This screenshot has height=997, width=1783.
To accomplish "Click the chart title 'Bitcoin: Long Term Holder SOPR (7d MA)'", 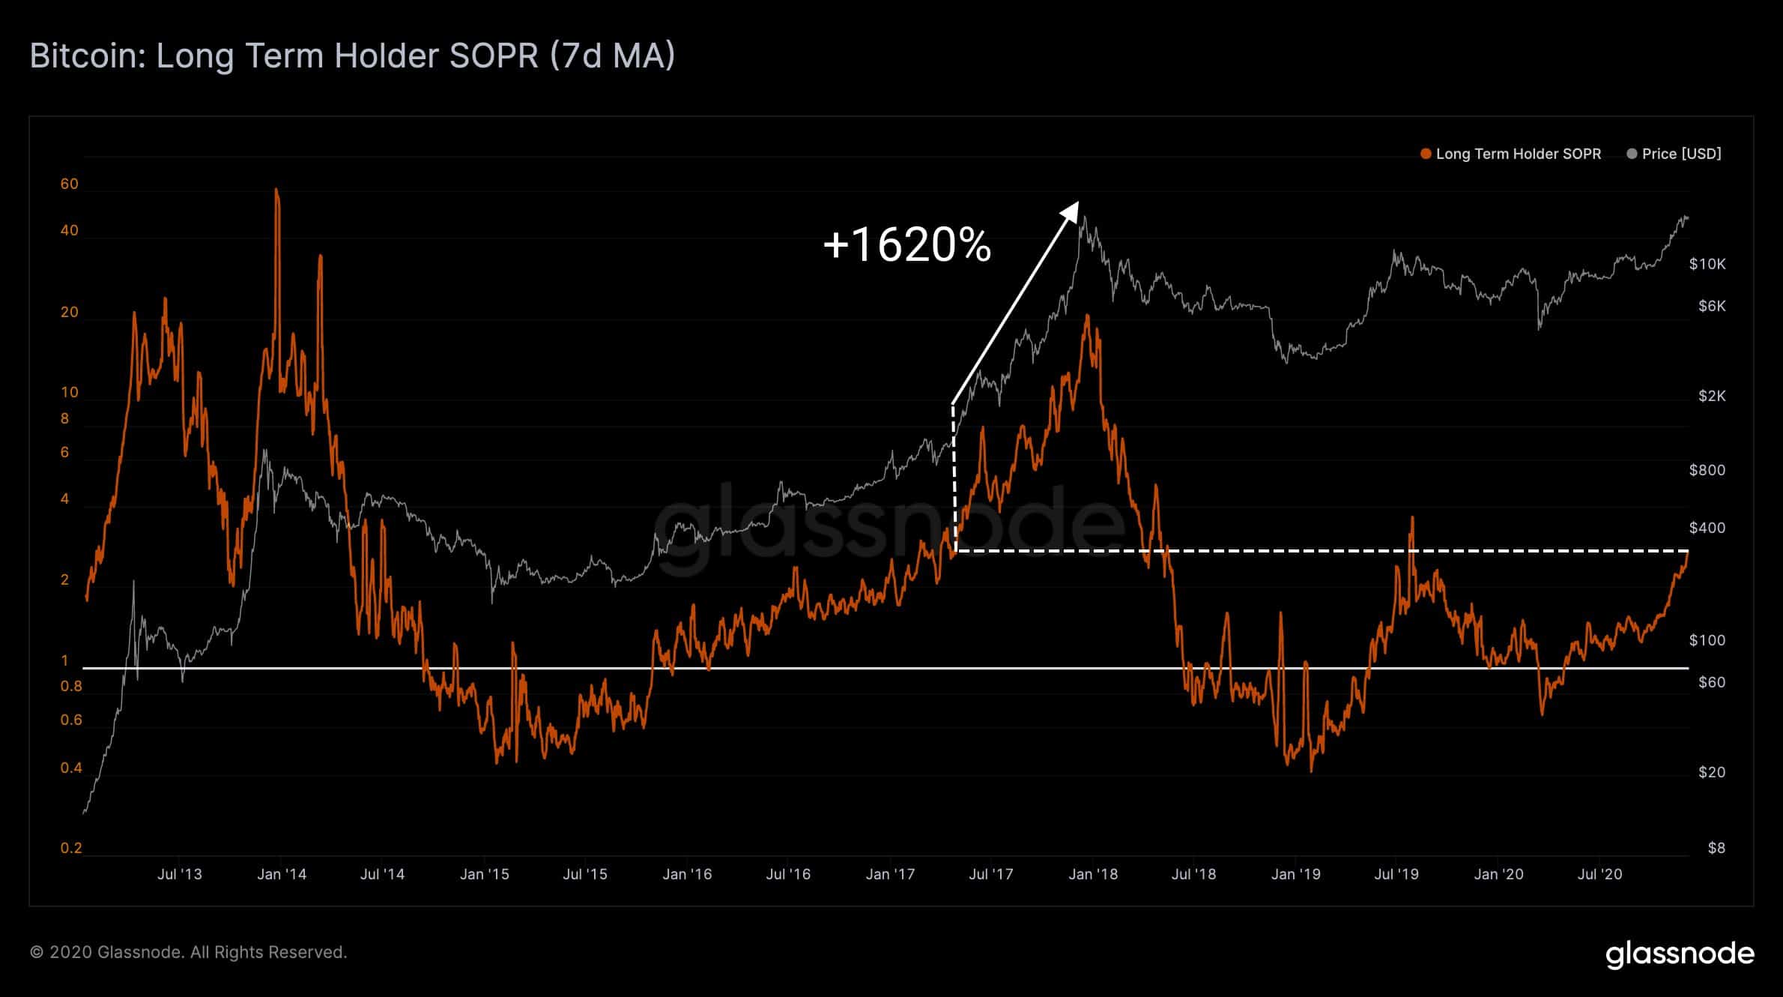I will pyautogui.click(x=352, y=56).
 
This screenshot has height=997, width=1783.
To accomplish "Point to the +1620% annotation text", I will pyautogui.click(x=906, y=244).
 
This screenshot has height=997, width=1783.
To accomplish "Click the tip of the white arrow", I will pyautogui.click(x=1077, y=202).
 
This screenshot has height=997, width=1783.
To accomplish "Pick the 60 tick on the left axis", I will pyautogui.click(x=69, y=184).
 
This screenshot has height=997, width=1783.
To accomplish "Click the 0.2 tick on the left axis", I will pyautogui.click(x=71, y=848).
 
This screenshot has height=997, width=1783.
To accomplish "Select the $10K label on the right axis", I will pyautogui.click(x=1707, y=264).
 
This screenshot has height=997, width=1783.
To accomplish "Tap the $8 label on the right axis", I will pyautogui.click(x=1716, y=848).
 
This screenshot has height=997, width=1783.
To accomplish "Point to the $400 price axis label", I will pyautogui.click(x=1707, y=528).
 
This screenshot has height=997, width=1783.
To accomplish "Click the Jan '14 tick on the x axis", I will pyautogui.click(x=281, y=874).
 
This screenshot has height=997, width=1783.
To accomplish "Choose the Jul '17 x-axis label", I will pyautogui.click(x=990, y=874).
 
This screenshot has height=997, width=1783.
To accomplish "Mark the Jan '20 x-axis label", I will pyautogui.click(x=1498, y=874).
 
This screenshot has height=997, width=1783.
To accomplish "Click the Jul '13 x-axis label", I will pyautogui.click(x=180, y=874).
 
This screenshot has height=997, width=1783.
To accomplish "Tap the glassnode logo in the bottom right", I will pyautogui.click(x=1680, y=954).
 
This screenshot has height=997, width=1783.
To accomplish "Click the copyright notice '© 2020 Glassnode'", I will pyautogui.click(x=188, y=952).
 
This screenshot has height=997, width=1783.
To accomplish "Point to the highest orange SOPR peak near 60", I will pyautogui.click(x=276, y=191).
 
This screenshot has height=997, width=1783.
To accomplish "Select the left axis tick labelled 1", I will pyautogui.click(x=65, y=660).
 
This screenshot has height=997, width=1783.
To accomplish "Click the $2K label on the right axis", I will pyautogui.click(x=1711, y=396).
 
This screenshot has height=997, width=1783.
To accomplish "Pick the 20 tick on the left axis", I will pyautogui.click(x=69, y=313).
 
